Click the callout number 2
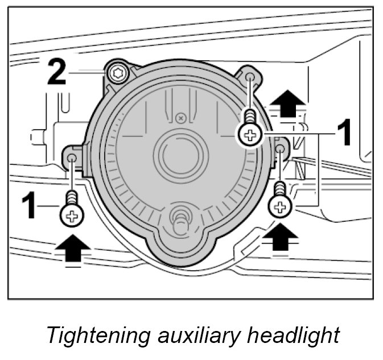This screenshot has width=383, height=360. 56,72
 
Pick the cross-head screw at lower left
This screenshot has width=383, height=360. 72,215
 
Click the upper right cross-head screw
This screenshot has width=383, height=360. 250,134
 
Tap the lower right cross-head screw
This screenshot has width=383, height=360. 279,206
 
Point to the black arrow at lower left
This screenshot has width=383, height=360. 73,249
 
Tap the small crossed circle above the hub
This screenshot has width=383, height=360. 180,118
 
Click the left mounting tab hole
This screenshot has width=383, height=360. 72,157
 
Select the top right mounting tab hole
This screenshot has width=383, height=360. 250,77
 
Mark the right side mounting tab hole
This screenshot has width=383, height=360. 280,149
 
